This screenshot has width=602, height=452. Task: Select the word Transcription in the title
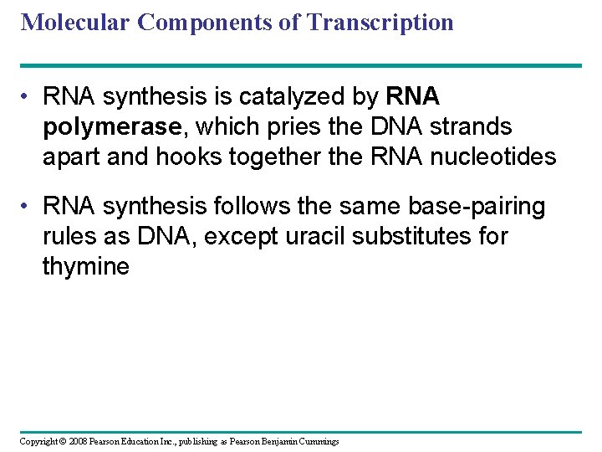(x=380, y=22)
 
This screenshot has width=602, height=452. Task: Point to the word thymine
(x=86, y=266)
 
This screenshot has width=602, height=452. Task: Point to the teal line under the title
(x=301, y=65)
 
